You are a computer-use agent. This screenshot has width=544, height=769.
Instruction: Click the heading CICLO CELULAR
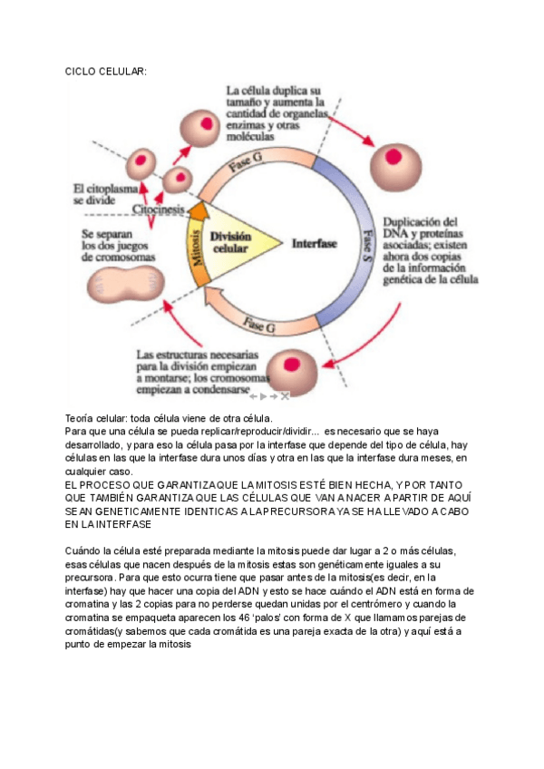pos(106,72)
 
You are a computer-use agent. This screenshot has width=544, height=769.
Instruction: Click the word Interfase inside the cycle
pos(314,243)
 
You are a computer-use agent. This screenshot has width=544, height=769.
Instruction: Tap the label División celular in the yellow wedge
pos(230,242)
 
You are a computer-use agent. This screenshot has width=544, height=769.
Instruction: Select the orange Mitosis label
pos(196,244)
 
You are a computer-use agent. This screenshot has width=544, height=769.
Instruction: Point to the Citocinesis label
pos(160,209)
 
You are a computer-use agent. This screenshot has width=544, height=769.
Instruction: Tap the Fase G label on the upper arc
pos(248,165)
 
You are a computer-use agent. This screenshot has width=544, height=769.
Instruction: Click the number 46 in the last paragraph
pos(284,617)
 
